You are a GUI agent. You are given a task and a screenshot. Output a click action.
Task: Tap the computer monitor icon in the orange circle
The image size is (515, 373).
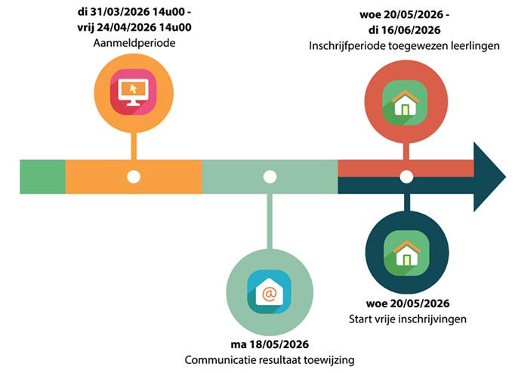pyautogui.click(x=133, y=90)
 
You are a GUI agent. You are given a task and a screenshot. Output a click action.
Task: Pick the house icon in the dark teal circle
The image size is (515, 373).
pyautogui.click(x=406, y=253)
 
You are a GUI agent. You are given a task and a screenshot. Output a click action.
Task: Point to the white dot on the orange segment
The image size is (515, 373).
pyautogui.click(x=134, y=177)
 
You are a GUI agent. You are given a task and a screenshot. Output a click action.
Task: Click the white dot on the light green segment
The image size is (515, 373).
pyautogui.click(x=270, y=177)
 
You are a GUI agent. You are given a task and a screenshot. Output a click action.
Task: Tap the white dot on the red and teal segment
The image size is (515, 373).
pyautogui.click(x=406, y=177)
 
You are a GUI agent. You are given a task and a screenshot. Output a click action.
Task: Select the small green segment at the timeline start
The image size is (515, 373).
pyautogui.click(x=42, y=177)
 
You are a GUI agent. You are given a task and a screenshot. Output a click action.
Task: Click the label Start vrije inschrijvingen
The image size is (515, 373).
pyautogui.click(x=406, y=319)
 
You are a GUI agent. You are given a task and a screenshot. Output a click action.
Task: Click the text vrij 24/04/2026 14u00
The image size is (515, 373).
pyautogui.click(x=133, y=28)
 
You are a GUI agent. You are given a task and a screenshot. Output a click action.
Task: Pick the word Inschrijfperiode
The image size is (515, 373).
pyautogui.click(x=345, y=45)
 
